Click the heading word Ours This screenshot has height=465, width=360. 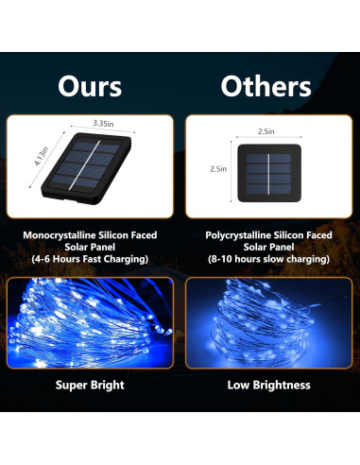[90, 86]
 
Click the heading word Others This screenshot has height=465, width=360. [266, 86]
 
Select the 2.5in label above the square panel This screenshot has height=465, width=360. [267, 135]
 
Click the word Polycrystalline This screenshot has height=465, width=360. [241, 233]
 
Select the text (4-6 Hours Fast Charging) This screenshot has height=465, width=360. [90, 258]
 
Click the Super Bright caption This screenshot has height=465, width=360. [90, 385]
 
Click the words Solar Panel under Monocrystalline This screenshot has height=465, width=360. [90, 246]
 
